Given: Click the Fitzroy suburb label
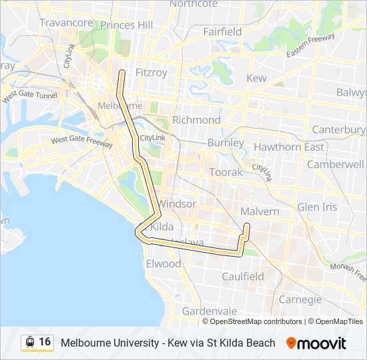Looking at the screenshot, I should tap(151, 72).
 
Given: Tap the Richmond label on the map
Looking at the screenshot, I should tap(196, 120).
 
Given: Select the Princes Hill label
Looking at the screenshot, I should tap(127, 25).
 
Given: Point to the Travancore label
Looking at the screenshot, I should tap(66, 23).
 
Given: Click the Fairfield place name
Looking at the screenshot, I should tap(222, 31).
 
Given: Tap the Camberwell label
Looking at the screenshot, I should tap(336, 164).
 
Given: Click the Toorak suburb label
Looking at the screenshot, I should tap(226, 172).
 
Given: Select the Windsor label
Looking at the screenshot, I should tap(177, 203).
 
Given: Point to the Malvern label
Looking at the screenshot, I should tap(260, 211).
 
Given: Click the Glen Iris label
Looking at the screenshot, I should tap(318, 207).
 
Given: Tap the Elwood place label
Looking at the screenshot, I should tap(163, 263).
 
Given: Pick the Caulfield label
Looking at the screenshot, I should tap(242, 276).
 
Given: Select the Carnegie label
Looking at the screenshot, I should tap(300, 299).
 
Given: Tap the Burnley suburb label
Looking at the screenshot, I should tap(226, 143).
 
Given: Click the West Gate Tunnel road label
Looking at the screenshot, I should tap(29, 96).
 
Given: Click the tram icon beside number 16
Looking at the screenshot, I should tap(30, 342).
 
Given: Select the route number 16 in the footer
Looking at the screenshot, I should tap(45, 342).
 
